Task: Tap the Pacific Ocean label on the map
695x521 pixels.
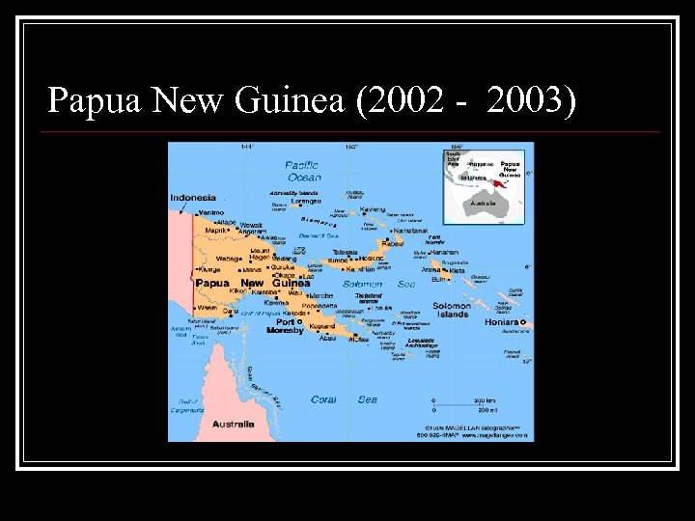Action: click(x=302, y=171)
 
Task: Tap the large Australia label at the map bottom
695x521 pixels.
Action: click(x=233, y=425)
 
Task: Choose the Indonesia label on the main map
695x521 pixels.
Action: click(x=193, y=198)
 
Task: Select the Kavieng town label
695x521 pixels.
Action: click(x=372, y=209)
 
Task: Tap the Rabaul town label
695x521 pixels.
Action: click(x=393, y=243)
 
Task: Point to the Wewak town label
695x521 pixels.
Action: click(x=251, y=225)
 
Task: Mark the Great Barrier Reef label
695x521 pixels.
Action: click(x=262, y=387)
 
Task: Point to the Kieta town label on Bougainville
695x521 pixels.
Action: click(x=458, y=271)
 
